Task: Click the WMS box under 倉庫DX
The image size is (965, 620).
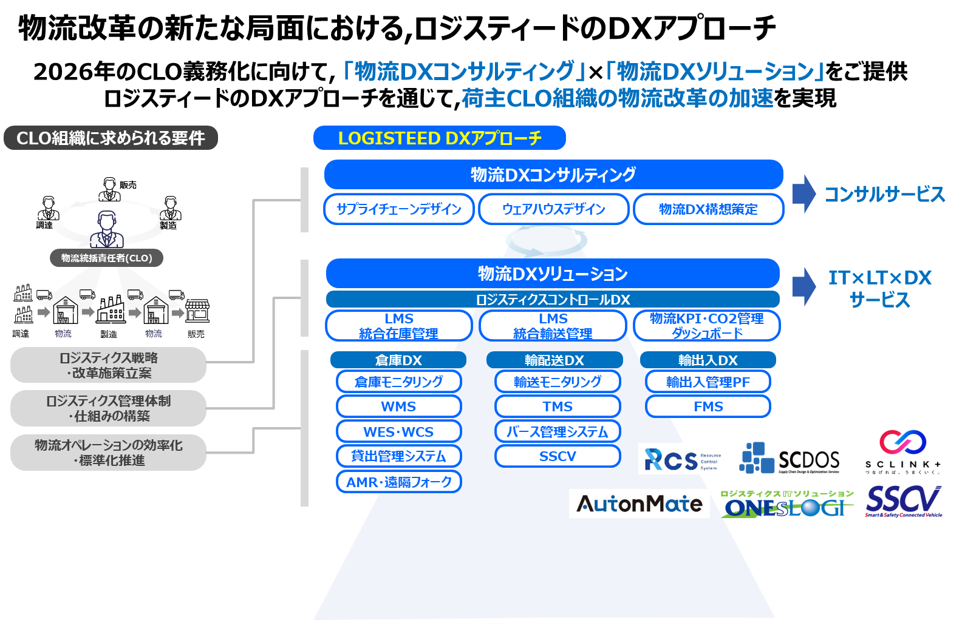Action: [398, 406]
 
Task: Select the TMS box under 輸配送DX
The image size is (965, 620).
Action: [558, 406]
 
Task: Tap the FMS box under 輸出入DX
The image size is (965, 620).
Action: [708, 406]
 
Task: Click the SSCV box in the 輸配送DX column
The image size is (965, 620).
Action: [558, 456]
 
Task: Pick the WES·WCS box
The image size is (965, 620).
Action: [398, 432]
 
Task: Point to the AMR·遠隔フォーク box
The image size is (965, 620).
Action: [398, 482]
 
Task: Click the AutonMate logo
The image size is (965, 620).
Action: [639, 504]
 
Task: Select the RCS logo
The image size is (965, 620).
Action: [681, 459]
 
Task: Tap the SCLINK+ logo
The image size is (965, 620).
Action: [903, 453]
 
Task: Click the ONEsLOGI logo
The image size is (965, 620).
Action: [786, 505]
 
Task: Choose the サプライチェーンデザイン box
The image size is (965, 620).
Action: [399, 209]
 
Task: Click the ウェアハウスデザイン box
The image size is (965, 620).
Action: [553, 209]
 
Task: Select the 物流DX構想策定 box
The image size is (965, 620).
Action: [708, 209]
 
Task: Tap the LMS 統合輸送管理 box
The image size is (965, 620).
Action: [553, 326]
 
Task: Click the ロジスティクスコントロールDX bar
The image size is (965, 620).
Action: [553, 299]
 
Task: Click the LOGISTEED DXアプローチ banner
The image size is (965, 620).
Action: [439, 138]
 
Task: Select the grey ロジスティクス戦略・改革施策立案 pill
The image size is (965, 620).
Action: [109, 365]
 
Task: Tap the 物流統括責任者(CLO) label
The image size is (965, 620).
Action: [106, 258]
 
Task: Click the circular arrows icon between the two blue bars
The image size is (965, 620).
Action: [547, 241]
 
